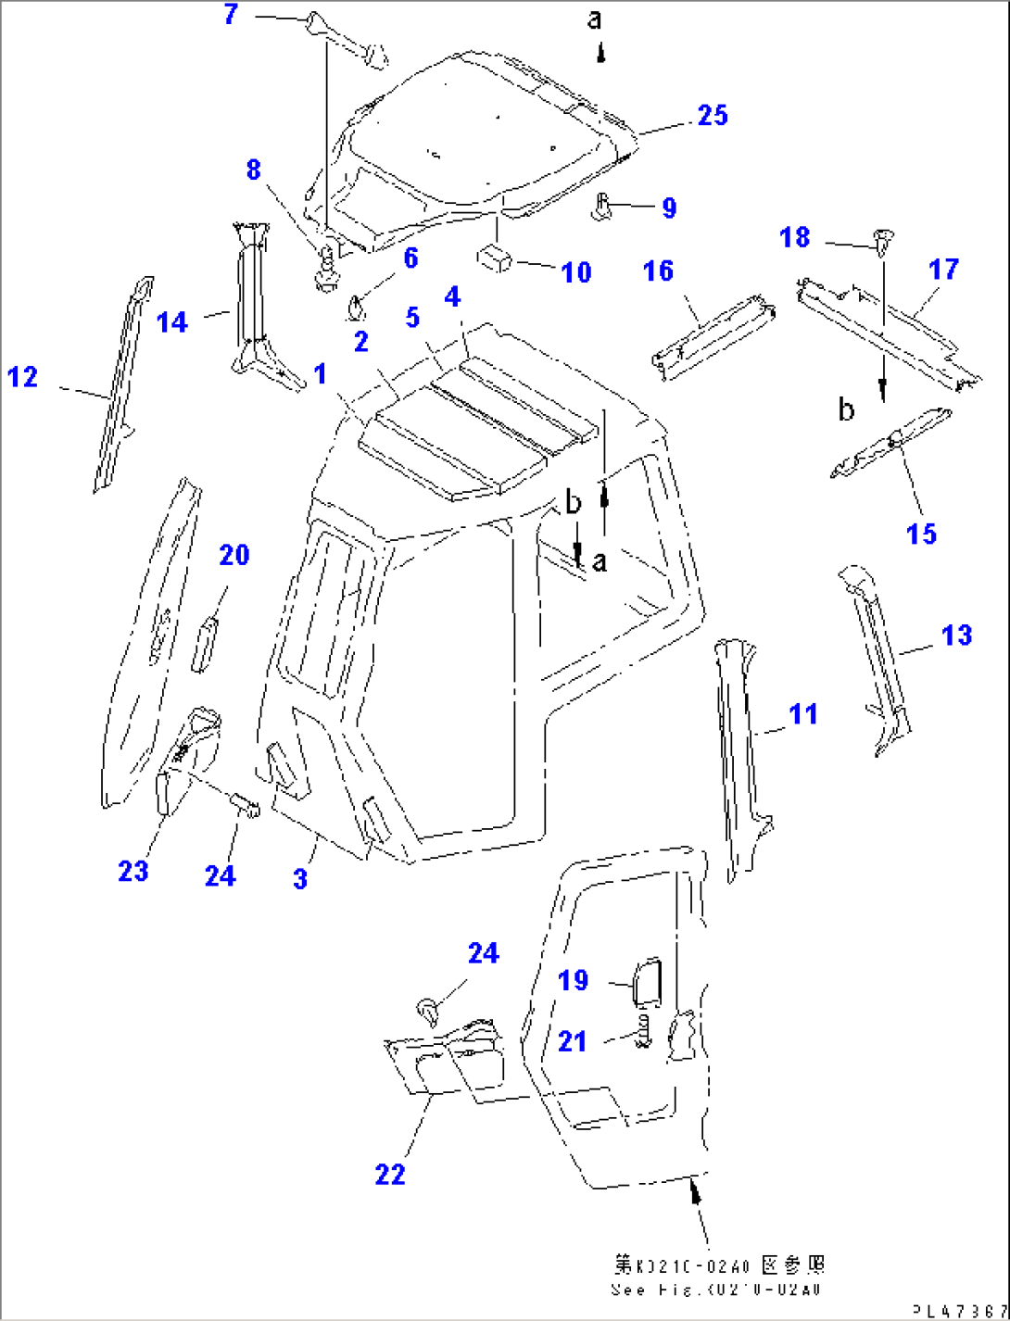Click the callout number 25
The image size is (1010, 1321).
[x=712, y=116]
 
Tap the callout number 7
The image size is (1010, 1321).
[x=232, y=15]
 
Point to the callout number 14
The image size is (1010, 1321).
[x=172, y=322]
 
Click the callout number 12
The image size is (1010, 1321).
[x=23, y=377]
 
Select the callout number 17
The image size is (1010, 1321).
[x=943, y=270]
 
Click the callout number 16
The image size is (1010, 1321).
[x=658, y=271]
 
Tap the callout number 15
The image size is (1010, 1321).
[x=921, y=534]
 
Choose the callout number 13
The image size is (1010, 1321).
[x=956, y=635]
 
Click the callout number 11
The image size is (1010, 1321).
[x=802, y=714]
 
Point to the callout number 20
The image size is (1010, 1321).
[x=234, y=555]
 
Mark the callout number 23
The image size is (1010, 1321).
[x=133, y=871]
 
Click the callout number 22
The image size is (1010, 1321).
[x=390, y=1175]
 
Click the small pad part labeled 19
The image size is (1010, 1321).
[x=645, y=982]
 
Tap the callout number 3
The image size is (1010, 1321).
[x=300, y=878]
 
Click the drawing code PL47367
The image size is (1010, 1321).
[x=959, y=1311]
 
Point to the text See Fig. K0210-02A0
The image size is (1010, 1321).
[x=715, y=1290]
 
